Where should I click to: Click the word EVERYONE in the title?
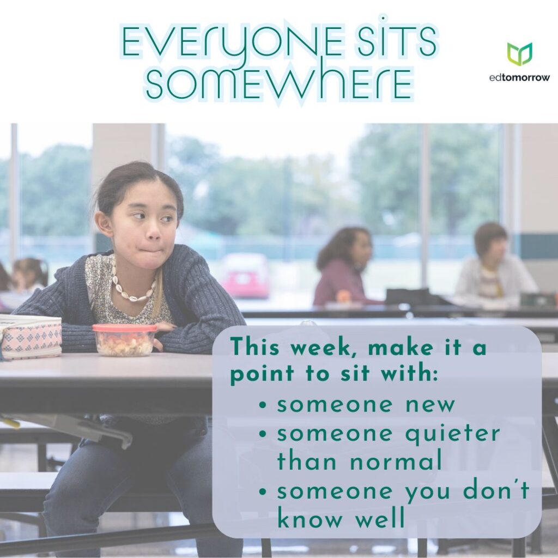[231, 42]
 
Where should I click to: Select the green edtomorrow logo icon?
[519, 54]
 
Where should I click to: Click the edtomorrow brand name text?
[519, 77]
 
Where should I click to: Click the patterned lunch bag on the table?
[31, 336]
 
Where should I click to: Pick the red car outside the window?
[246, 275]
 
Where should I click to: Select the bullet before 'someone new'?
[263, 405]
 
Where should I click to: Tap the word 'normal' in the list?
[396, 460]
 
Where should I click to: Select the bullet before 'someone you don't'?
[263, 492]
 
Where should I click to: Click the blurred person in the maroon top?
[342, 267]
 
